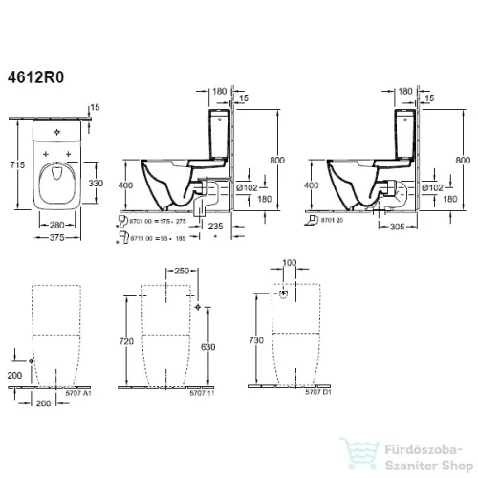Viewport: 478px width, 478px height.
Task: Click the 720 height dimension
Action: point(140,339)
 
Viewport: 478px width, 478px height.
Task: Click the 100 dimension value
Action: point(289,262)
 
